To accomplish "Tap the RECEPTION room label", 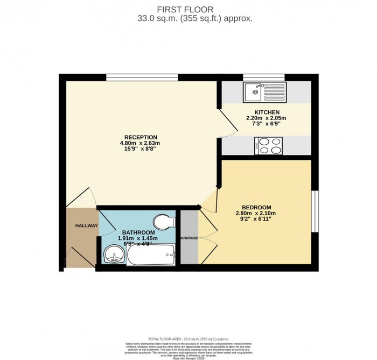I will tap(140, 137).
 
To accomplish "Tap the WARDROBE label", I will tap(189, 237).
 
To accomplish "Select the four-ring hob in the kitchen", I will tap(269, 145).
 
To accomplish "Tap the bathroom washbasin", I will tap(113, 255).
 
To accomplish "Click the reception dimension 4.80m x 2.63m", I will tap(140, 144).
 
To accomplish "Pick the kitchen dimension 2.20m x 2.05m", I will tap(266, 118).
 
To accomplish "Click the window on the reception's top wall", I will tap(142, 77).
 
